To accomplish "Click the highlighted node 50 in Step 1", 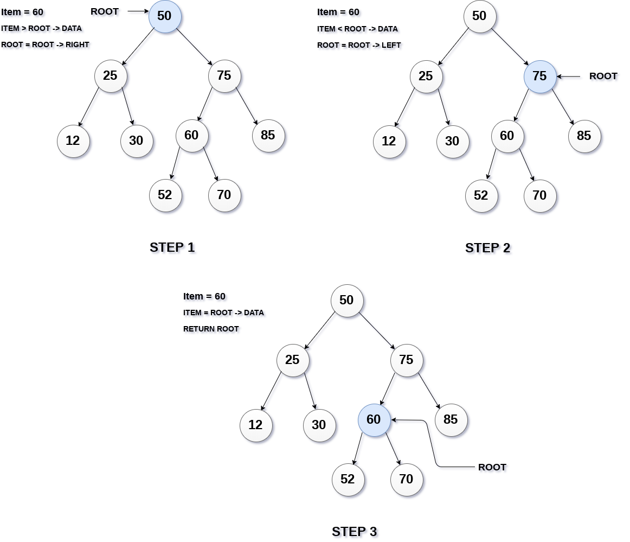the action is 165,16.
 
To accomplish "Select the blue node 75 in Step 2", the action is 540,76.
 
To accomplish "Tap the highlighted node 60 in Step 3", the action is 374,420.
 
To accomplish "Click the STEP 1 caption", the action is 172,247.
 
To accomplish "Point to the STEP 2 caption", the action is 487,248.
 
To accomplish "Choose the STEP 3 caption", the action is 355,532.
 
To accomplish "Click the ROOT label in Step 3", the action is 492,467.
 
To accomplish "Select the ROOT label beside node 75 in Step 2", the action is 603,76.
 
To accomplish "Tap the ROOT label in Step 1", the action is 105,11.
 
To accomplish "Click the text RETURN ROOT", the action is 211,329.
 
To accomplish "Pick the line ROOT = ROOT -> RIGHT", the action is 45,44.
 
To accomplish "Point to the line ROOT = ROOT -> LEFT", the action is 359,45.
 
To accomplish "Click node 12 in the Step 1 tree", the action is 73,141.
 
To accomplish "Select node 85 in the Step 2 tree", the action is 584,136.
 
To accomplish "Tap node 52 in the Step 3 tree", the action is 348,479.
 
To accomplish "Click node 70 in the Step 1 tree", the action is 224,195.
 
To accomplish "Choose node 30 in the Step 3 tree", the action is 319,425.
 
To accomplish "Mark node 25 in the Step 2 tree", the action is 426,76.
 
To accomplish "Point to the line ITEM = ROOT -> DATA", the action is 223,313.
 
